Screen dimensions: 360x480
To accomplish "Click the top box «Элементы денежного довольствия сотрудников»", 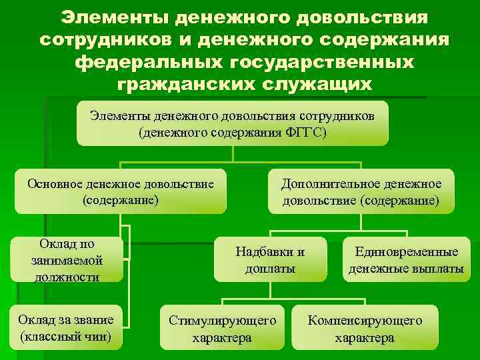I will tap(232, 123).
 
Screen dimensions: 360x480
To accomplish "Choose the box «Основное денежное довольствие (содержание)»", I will tap(121, 191).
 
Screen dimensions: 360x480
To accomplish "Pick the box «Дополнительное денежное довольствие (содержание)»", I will tap(361, 191).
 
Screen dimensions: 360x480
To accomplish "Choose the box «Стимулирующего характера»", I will tap(222, 329).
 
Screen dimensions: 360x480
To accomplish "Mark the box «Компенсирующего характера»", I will tap(364, 329).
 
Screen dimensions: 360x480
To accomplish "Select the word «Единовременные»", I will tap(406, 252).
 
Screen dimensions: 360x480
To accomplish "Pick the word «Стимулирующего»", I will tap(222, 320).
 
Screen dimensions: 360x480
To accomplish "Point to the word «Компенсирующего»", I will tap(364, 320).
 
